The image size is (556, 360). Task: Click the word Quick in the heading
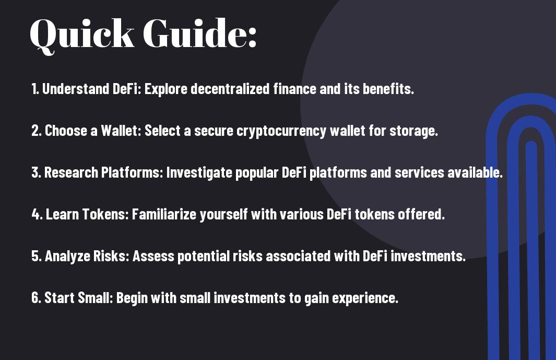click(x=82, y=34)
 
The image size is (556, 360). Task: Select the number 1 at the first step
click(x=34, y=89)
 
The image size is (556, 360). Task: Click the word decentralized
click(x=230, y=89)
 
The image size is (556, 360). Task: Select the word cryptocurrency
click(x=281, y=131)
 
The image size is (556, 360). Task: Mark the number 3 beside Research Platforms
click(x=36, y=172)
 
